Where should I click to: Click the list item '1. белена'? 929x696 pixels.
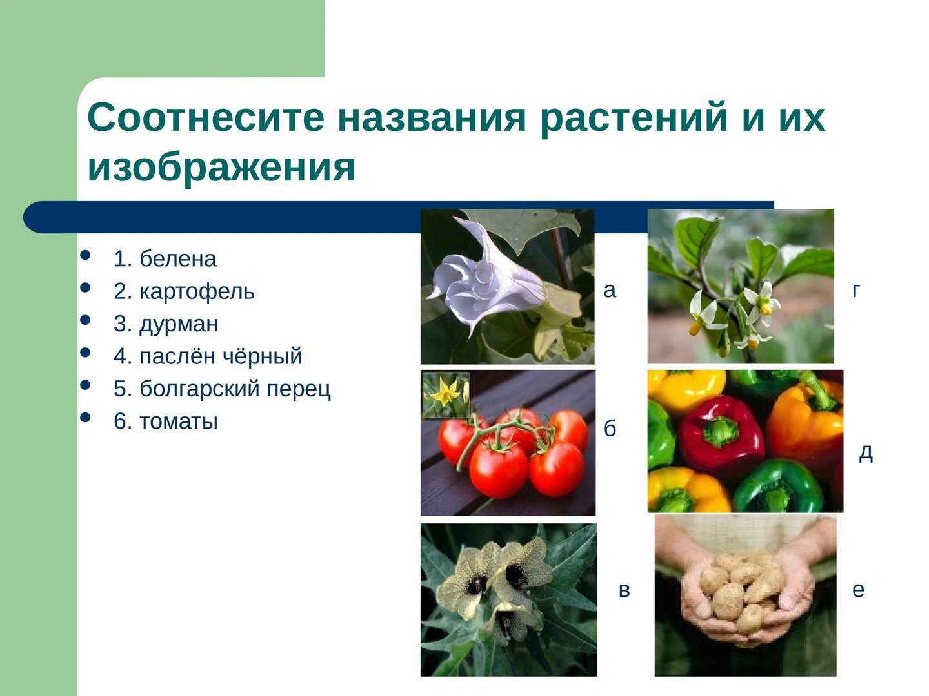(x=165, y=258)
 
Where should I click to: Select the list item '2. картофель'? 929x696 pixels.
(x=184, y=291)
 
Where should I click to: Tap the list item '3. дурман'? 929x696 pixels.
(x=166, y=324)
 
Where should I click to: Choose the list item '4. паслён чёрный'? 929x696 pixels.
(x=208, y=356)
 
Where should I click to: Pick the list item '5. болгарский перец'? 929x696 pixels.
(x=222, y=389)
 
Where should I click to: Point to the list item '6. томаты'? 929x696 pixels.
(x=166, y=421)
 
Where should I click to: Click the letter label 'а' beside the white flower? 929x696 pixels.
(x=610, y=291)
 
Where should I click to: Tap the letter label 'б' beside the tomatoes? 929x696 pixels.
(x=610, y=428)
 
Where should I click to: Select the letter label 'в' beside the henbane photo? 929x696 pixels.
(x=624, y=590)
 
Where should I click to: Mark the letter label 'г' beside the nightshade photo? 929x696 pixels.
(x=857, y=291)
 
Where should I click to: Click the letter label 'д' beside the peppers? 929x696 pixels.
(x=866, y=454)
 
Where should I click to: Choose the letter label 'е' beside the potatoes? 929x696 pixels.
(x=858, y=590)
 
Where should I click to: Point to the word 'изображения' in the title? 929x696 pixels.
(x=221, y=168)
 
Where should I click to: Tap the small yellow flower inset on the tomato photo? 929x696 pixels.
(x=445, y=394)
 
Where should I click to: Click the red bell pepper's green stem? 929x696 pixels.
(x=720, y=431)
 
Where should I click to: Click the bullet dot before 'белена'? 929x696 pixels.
(x=85, y=255)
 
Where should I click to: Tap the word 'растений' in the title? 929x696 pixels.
(x=634, y=120)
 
